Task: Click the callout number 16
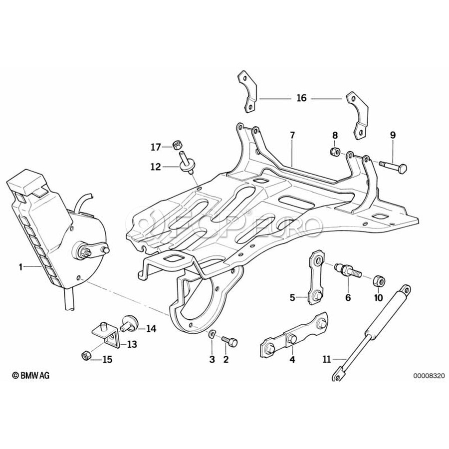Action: click(x=301, y=98)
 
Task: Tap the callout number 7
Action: click(x=292, y=135)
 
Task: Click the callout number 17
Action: click(x=156, y=147)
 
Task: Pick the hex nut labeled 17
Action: click(x=176, y=146)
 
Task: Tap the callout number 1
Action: click(x=21, y=267)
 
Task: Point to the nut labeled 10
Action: click(x=378, y=281)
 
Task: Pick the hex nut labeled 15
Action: click(x=85, y=355)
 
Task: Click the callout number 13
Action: click(x=132, y=344)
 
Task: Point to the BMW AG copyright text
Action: click(x=30, y=375)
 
